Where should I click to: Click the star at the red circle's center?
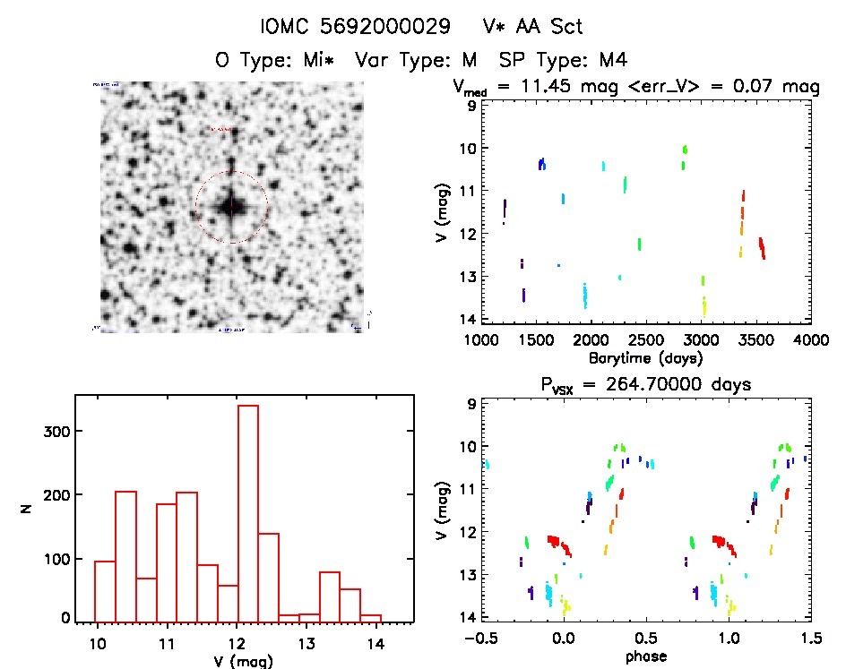(x=231, y=207)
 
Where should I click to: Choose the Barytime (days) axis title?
(x=645, y=357)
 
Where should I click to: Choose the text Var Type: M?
(x=421, y=61)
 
